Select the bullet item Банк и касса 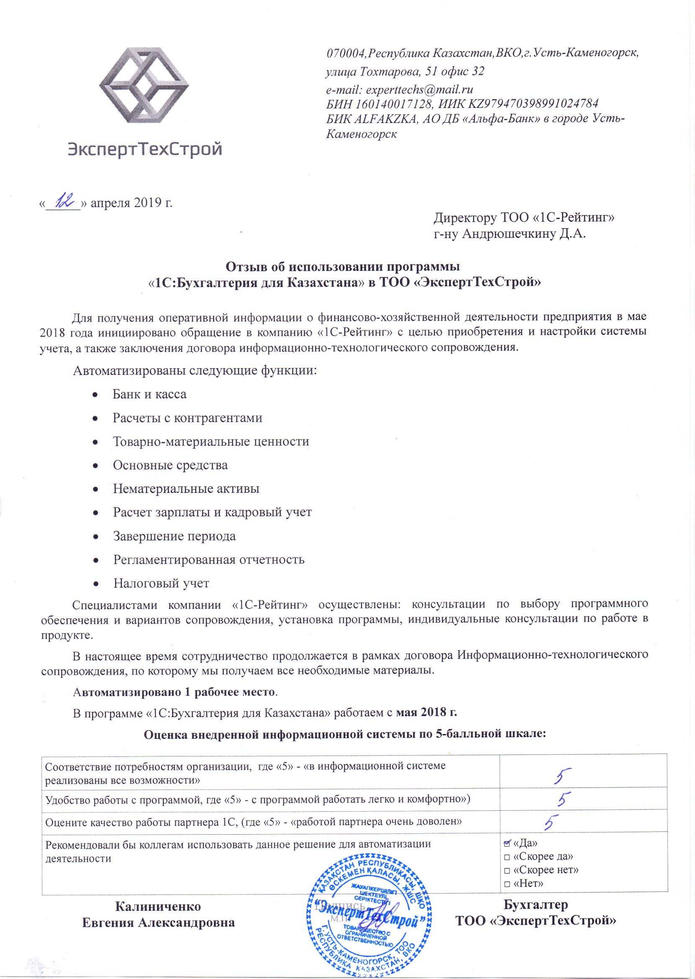[149, 394]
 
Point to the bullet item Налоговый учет [161, 583]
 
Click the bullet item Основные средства [170, 465]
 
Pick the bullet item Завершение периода [174, 536]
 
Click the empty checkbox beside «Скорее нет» [507, 870]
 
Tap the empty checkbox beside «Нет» [507, 884]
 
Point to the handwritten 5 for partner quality [552, 821]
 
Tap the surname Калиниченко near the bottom [158, 906]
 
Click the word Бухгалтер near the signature [536, 905]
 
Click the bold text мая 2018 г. [426, 712]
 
